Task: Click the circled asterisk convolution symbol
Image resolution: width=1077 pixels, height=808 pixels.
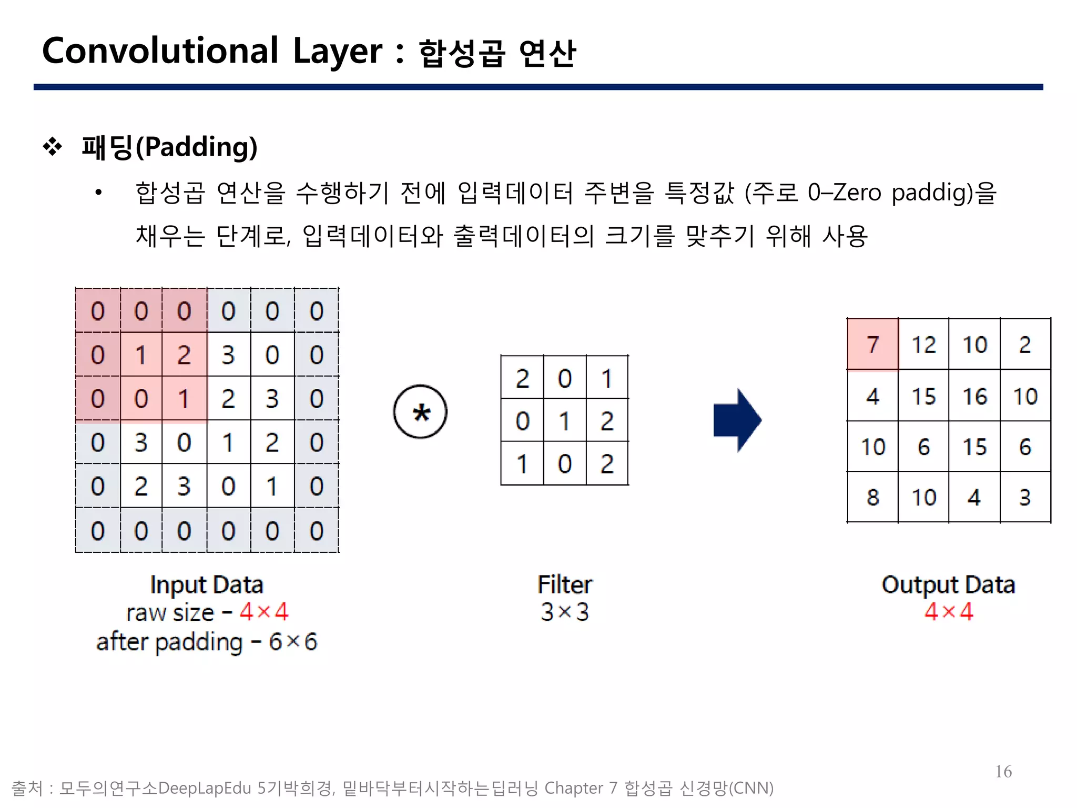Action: tap(420, 412)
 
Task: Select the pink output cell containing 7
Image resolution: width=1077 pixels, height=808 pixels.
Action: tap(872, 345)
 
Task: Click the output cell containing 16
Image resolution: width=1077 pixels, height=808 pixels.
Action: tap(974, 396)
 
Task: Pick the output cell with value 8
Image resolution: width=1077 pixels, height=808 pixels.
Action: tap(872, 497)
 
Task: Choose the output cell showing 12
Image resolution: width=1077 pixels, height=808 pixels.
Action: tap(923, 345)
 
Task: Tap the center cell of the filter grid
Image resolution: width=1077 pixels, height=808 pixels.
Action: tap(564, 421)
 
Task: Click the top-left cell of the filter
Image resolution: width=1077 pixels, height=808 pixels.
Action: tap(522, 378)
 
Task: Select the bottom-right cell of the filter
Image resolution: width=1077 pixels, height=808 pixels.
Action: tap(607, 463)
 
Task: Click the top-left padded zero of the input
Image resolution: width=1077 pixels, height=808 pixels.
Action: tap(98, 311)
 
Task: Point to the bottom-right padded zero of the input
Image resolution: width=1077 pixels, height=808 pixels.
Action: tap(316, 530)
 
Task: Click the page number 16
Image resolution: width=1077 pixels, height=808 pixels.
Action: tap(1003, 771)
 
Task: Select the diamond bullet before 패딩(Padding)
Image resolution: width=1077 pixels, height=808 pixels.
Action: tap(53, 147)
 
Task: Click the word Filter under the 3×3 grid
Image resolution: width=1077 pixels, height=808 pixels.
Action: tap(564, 584)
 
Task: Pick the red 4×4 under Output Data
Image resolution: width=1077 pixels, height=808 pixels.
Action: tap(949, 612)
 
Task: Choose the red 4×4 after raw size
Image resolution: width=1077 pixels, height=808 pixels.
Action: tap(264, 612)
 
